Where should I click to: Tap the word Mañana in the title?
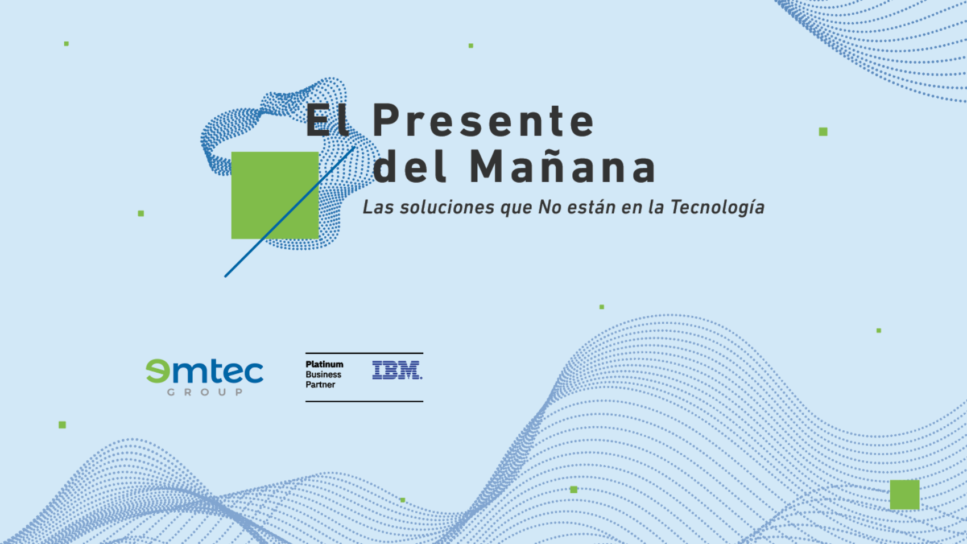563,166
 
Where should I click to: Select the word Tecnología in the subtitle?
717,208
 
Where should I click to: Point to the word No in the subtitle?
549,207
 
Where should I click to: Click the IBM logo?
397,370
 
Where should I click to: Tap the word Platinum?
324,364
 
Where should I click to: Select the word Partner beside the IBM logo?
320,385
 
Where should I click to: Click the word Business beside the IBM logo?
323,375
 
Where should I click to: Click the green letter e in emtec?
158,371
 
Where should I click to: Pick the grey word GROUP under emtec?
205,392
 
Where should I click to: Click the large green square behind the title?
275,195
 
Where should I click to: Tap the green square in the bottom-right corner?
905,495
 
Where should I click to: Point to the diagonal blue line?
290,212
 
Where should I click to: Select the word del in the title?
408,166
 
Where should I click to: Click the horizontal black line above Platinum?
365,353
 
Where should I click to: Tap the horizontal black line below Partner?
365,402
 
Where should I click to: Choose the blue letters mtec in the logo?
218,372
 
